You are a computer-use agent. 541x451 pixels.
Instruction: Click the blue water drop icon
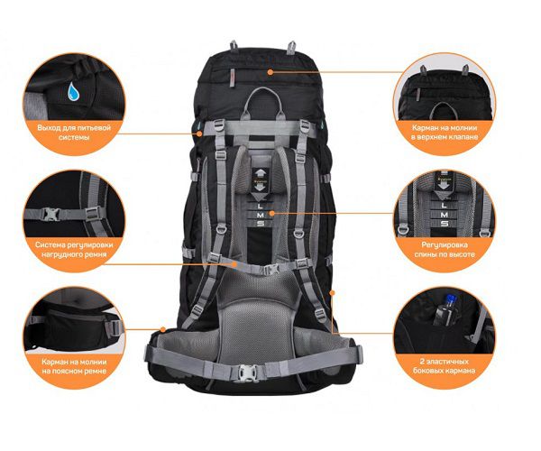pyautogui.click(x=73, y=91)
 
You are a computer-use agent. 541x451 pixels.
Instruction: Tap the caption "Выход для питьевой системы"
pyautogui.click(x=74, y=133)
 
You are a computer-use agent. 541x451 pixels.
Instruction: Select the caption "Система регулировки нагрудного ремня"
pyautogui.click(x=74, y=250)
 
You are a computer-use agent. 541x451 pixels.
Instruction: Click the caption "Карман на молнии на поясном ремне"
pyautogui.click(x=74, y=366)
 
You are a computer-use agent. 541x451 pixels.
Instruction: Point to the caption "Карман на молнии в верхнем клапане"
pyautogui.click(x=445, y=133)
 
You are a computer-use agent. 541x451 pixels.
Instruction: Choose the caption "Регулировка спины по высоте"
pyautogui.click(x=445, y=250)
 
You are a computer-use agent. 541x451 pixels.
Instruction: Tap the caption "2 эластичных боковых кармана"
pyautogui.click(x=444, y=366)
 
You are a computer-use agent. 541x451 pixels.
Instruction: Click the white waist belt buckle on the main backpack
pyautogui.click(x=247, y=373)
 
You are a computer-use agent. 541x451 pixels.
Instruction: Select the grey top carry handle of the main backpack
pyautogui.click(x=262, y=101)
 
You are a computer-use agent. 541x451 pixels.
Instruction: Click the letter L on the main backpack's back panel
pyautogui.click(x=261, y=206)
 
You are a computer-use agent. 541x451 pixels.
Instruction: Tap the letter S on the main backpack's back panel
pyautogui.click(x=261, y=224)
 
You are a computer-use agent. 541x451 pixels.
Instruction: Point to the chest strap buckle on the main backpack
pyautogui.click(x=272, y=269)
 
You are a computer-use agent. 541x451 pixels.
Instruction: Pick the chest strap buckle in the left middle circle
pyautogui.click(x=50, y=214)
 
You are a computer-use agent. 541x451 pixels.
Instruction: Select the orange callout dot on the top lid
pyautogui.click(x=270, y=72)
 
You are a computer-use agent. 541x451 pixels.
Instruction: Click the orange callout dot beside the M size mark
pyautogui.click(x=272, y=213)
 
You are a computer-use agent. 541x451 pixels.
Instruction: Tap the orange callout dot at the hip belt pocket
pyautogui.click(x=163, y=329)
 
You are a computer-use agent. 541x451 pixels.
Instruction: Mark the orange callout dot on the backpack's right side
pyautogui.click(x=333, y=292)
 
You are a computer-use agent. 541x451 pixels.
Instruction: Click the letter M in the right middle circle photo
pyautogui.click(x=445, y=215)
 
